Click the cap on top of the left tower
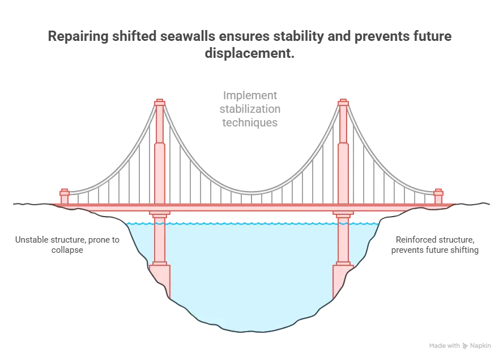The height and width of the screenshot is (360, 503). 160,103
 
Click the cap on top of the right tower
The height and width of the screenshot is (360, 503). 343,103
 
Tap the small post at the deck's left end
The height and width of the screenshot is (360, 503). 64,196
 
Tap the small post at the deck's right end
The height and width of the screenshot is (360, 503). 438,196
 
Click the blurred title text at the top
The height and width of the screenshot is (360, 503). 249,44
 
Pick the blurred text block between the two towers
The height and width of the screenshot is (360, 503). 251,108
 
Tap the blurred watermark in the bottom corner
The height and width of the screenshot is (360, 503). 459,344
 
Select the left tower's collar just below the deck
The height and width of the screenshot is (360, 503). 160,215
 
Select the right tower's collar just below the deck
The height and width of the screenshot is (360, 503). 343,215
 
